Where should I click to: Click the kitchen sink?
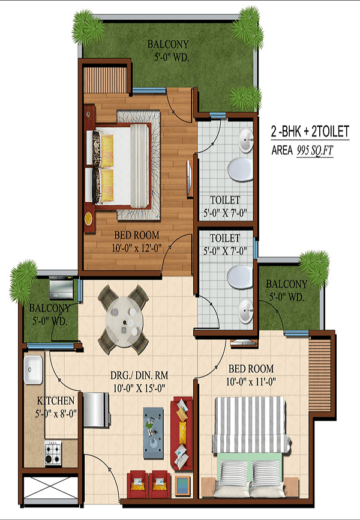(x=33, y=370)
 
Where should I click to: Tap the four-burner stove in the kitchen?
(x=53, y=453)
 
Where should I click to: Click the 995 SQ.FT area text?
(x=314, y=151)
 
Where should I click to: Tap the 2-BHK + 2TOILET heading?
(x=310, y=132)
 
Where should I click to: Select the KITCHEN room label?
(x=55, y=401)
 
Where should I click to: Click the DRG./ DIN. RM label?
(x=139, y=375)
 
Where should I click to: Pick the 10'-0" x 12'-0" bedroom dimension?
(x=137, y=248)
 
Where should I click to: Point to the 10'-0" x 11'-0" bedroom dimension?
(x=251, y=381)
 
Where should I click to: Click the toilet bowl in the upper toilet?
(x=241, y=169)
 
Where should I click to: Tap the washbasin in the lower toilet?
(x=245, y=310)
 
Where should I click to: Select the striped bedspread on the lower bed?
(x=251, y=425)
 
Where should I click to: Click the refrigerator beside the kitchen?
(x=97, y=410)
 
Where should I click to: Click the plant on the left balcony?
(x=23, y=281)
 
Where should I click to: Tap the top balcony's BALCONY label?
(x=168, y=44)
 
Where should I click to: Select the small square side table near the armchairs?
(x=182, y=486)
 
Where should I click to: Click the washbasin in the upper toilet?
(x=245, y=140)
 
